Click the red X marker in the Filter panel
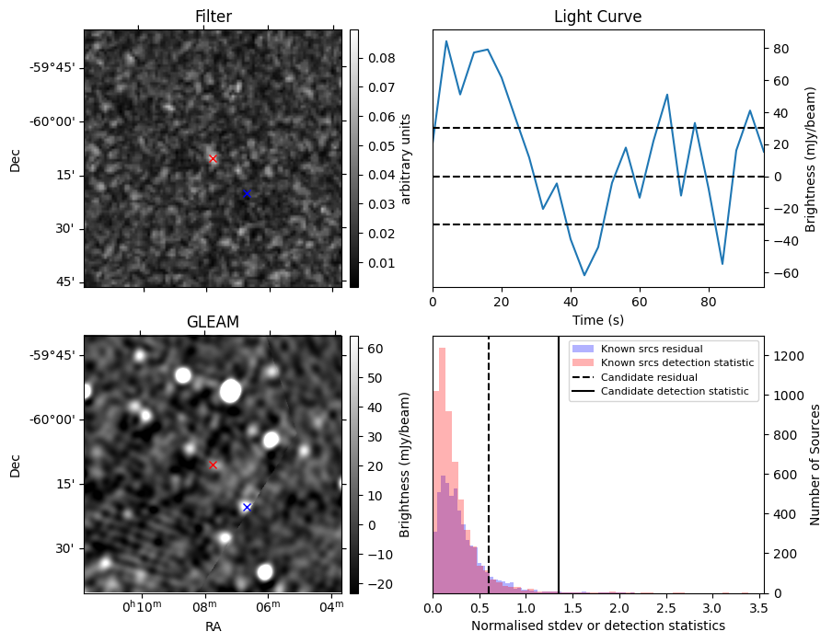pyautogui.click(x=214, y=159)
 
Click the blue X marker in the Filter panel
pyautogui.click(x=247, y=193)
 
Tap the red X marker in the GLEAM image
pyautogui.click(x=214, y=465)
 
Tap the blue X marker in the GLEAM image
pyautogui.click(x=247, y=507)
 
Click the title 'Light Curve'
pyautogui.click(x=597, y=17)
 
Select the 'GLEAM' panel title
pyautogui.click(x=214, y=322)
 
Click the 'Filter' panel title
pyautogui.click(x=214, y=17)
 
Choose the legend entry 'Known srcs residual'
pyautogui.click(x=652, y=349)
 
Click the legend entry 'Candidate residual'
pyautogui.click(x=648, y=377)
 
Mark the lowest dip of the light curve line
pyautogui.click(x=584, y=275)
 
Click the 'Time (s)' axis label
pyautogui.click(x=597, y=318)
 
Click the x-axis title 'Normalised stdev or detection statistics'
pyautogui.click(x=597, y=626)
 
